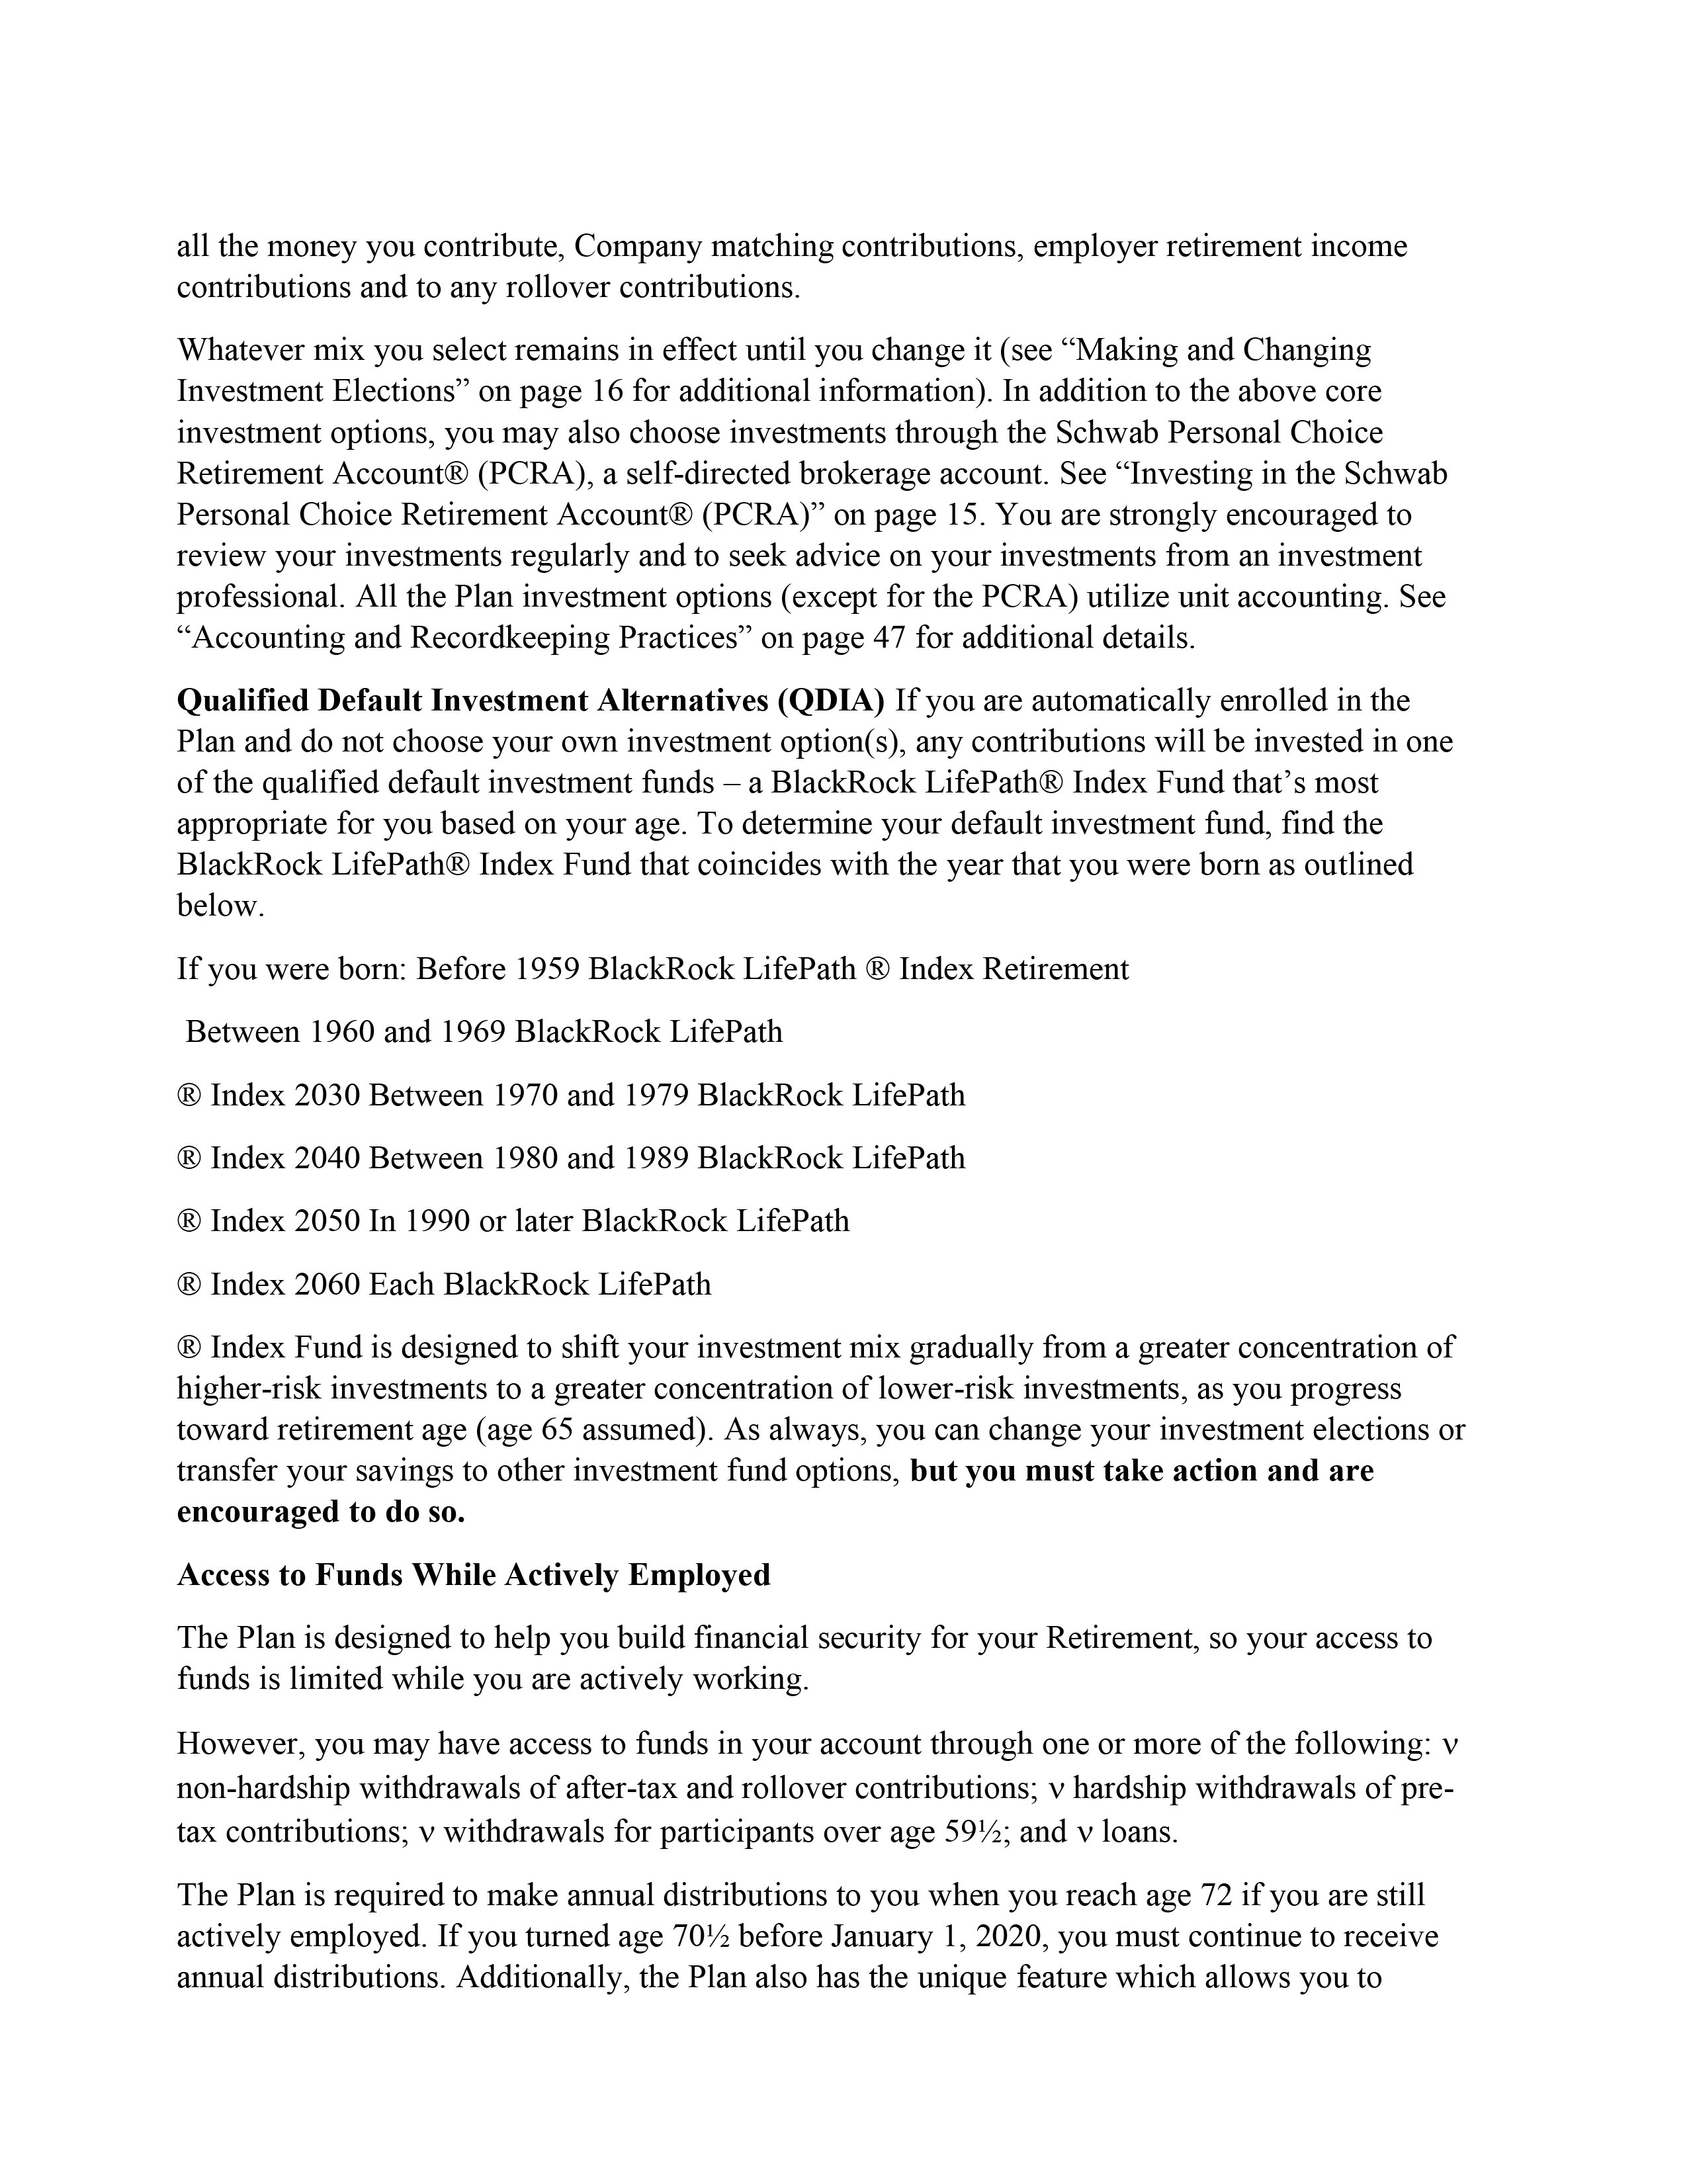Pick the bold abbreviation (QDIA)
click(830, 701)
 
